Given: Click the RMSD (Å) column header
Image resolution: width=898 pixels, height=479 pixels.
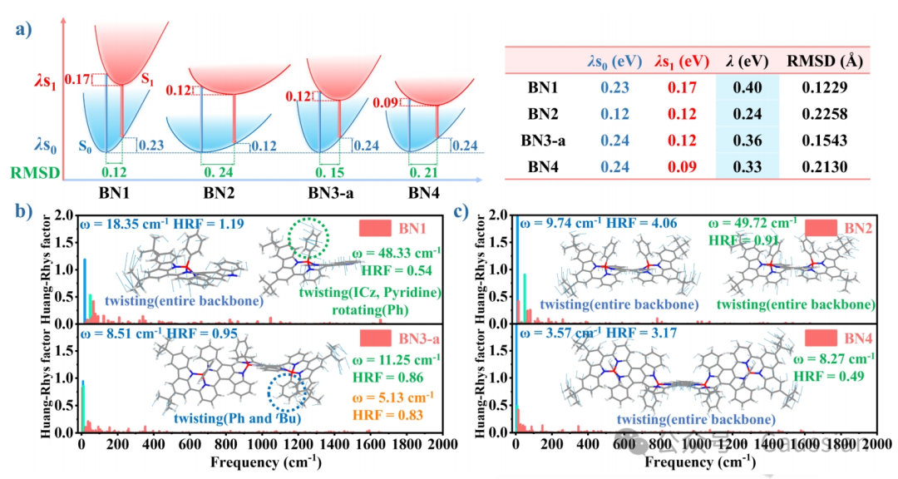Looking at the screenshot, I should click(814, 61).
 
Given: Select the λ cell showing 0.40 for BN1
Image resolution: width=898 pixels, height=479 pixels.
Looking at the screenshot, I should click(747, 86).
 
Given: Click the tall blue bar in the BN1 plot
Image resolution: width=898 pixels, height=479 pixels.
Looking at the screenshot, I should click(84, 290).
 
